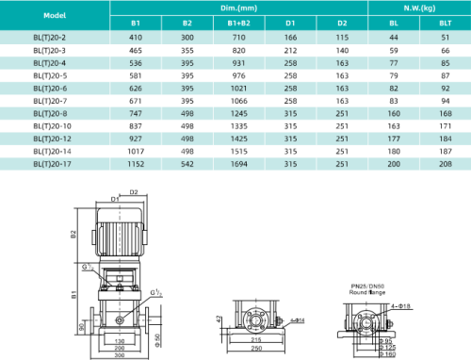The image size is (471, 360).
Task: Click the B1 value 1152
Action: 136,164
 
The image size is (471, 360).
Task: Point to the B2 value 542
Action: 187,164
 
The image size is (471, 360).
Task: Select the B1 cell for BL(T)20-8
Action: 136,111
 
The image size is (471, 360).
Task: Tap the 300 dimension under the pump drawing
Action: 120,354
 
